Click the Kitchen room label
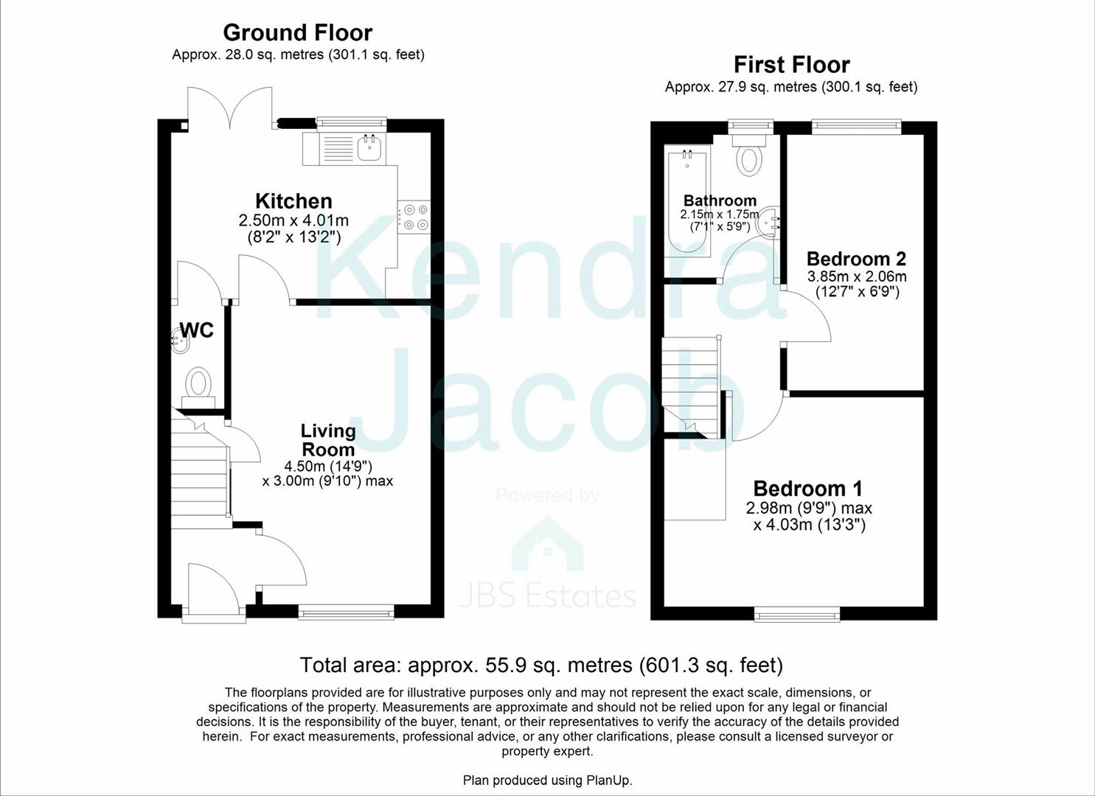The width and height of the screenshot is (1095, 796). tap(293, 200)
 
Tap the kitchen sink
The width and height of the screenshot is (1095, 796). tap(369, 148)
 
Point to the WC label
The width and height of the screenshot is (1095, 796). tap(197, 330)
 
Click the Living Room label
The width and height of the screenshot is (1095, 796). tap(327, 440)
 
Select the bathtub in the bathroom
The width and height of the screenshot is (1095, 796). tap(686, 200)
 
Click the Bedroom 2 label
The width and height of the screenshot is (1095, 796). tap(856, 259)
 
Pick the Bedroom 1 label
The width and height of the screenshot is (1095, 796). tap(807, 488)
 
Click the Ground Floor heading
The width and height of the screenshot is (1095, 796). tap(297, 32)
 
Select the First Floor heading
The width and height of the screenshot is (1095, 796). tap(791, 65)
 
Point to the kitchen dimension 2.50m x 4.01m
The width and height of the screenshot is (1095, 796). tap(293, 220)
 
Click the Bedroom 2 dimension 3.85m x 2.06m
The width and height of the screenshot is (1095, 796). tap(856, 277)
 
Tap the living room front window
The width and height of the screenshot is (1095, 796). tap(346, 611)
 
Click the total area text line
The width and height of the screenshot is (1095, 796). tap(540, 665)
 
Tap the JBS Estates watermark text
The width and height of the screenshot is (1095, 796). tap(548, 596)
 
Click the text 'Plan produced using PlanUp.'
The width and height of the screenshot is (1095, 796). tap(547, 780)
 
